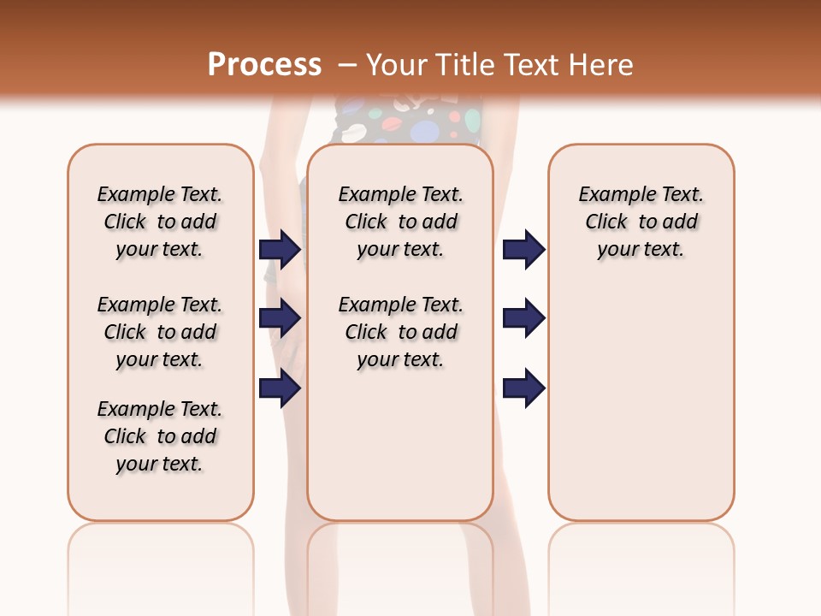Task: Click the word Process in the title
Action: pos(264,65)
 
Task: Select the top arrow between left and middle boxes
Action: pos(280,249)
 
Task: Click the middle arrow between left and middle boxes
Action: pos(280,318)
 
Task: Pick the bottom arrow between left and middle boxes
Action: pos(280,388)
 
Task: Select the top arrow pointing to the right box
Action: pos(523,249)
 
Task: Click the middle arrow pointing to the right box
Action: pos(523,318)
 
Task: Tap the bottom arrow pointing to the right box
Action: pos(523,388)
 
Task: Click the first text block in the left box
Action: pos(160,222)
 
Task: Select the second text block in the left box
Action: pos(160,332)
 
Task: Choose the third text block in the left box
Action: pos(160,436)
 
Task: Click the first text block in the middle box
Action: pos(400,222)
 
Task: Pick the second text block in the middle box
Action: pos(400,332)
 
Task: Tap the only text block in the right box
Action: pos(641,222)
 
